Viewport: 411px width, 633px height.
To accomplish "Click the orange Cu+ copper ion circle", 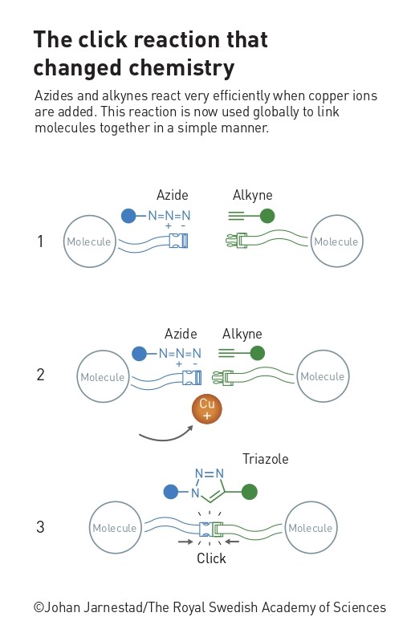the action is point(207,409).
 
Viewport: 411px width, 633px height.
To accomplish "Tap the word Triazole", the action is point(265,459).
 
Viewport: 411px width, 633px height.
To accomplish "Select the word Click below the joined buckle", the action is point(211,558).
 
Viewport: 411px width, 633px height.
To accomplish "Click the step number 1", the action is point(40,241).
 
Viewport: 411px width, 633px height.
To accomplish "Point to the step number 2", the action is point(40,375).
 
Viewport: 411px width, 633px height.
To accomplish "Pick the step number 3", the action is point(40,527).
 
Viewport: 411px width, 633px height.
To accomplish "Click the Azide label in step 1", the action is point(173,195).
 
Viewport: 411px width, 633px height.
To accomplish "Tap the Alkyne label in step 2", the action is point(242,334).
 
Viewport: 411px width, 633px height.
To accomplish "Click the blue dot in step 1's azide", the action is point(128,216).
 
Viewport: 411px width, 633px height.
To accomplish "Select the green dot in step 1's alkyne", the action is point(267,216).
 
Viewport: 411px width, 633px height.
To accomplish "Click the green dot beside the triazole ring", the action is point(250,492).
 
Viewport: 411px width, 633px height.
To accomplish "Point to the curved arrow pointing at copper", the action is point(165,438).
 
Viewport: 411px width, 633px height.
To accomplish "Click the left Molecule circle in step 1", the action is point(90,241).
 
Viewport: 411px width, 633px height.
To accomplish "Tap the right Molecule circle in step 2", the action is point(323,376).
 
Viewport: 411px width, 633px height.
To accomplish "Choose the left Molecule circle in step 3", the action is point(115,527).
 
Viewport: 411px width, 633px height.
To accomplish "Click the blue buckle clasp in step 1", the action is point(178,241).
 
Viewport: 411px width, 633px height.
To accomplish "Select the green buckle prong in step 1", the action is point(237,241).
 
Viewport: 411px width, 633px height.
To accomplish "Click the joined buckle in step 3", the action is point(211,529).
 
